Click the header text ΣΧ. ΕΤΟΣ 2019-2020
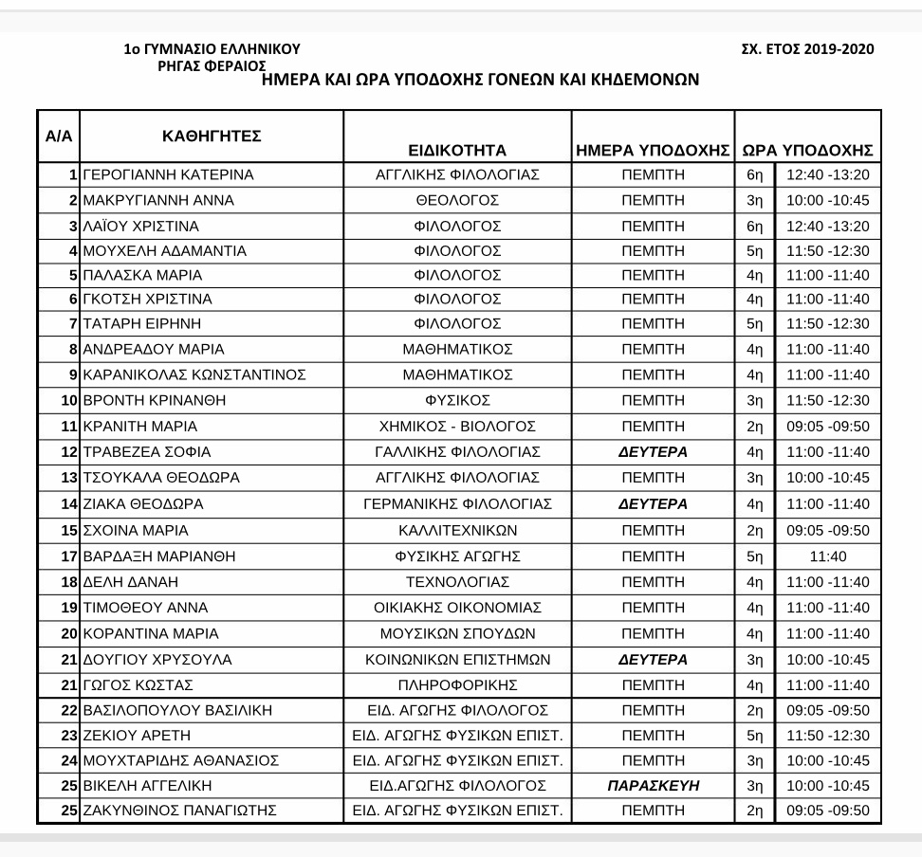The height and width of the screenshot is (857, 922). tap(807, 49)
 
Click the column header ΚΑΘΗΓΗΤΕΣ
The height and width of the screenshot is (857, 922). tap(212, 137)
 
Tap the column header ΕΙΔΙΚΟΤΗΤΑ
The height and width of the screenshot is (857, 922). tap(457, 150)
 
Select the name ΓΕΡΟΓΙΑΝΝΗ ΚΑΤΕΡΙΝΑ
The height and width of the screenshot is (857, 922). tap(169, 175)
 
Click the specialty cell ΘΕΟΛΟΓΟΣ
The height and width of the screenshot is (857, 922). tap(457, 201)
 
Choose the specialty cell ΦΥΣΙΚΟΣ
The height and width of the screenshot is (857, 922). tap(457, 400)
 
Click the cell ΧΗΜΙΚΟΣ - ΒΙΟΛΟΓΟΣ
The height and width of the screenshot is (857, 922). tap(457, 427)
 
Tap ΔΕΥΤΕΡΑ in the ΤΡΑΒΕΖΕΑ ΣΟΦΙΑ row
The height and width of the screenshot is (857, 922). tap(653, 452)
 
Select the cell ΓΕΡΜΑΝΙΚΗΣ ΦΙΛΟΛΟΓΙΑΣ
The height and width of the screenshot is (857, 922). tap(457, 504)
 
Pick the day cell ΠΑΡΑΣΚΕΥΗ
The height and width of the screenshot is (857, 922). tap(653, 786)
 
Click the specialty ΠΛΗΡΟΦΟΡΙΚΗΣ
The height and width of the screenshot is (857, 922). tap(457, 684)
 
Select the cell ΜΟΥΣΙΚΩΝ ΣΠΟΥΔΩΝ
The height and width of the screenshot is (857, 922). tap(457, 633)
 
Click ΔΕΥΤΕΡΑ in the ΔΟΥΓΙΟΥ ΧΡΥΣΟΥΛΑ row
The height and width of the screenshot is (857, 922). tap(653, 659)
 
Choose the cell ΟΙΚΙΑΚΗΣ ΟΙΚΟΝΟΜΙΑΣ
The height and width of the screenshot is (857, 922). tap(457, 608)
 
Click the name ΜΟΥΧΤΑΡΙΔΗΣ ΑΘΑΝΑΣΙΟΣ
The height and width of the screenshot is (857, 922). tap(181, 760)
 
